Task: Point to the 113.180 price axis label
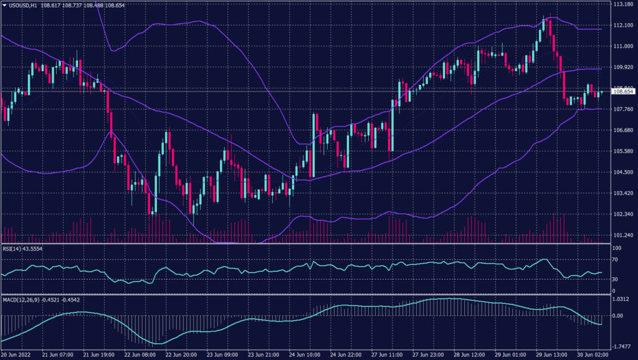(623, 4)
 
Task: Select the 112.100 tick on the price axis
(623, 25)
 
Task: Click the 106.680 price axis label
(623, 130)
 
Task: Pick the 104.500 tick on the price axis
(623, 172)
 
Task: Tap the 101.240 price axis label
(623, 235)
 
